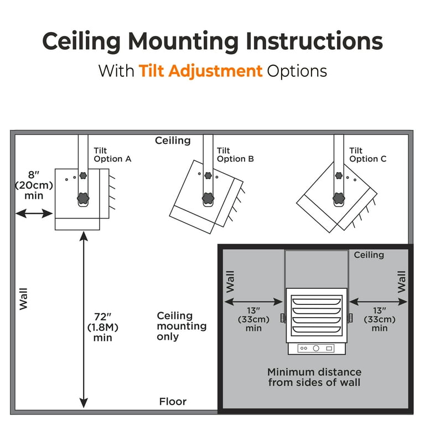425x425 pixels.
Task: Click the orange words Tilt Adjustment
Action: (x=200, y=71)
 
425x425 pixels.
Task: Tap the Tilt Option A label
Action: (x=112, y=154)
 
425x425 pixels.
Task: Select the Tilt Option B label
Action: (x=235, y=154)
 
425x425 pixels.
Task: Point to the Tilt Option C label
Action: (x=367, y=154)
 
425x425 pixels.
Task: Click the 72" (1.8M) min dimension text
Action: (x=103, y=327)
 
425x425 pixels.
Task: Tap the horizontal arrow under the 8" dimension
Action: (x=34, y=214)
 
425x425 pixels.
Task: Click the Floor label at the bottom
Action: (x=173, y=402)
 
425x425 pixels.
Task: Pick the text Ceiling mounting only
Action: (x=181, y=326)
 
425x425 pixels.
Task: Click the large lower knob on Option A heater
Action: (x=83, y=198)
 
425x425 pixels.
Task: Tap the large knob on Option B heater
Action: (x=208, y=196)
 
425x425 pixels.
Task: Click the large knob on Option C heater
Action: (x=338, y=196)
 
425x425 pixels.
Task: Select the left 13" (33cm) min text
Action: (x=253, y=319)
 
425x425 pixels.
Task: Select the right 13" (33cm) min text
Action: (x=379, y=319)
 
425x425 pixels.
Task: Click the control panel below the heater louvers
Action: (x=315, y=348)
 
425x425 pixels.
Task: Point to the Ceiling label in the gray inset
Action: (x=369, y=255)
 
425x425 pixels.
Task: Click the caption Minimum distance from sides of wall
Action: (x=314, y=377)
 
